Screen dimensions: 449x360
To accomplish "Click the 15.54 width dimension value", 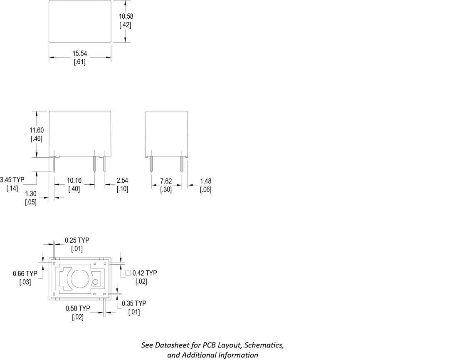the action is click(79, 53).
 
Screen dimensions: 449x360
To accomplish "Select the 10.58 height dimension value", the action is click(126, 16).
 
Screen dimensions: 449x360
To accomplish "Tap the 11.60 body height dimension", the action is click(37, 130).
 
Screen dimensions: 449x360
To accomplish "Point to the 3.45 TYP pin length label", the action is click(12, 180).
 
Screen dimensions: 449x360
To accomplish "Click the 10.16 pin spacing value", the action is click(74, 180).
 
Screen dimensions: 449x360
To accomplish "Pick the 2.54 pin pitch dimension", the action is click(122, 180).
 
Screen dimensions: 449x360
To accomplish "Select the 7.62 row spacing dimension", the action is click(166, 181).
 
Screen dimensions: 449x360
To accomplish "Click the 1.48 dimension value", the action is click(206, 181).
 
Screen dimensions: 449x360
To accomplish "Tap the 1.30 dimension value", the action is click(31, 194).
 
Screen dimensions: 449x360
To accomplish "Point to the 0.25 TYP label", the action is click(77, 240).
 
